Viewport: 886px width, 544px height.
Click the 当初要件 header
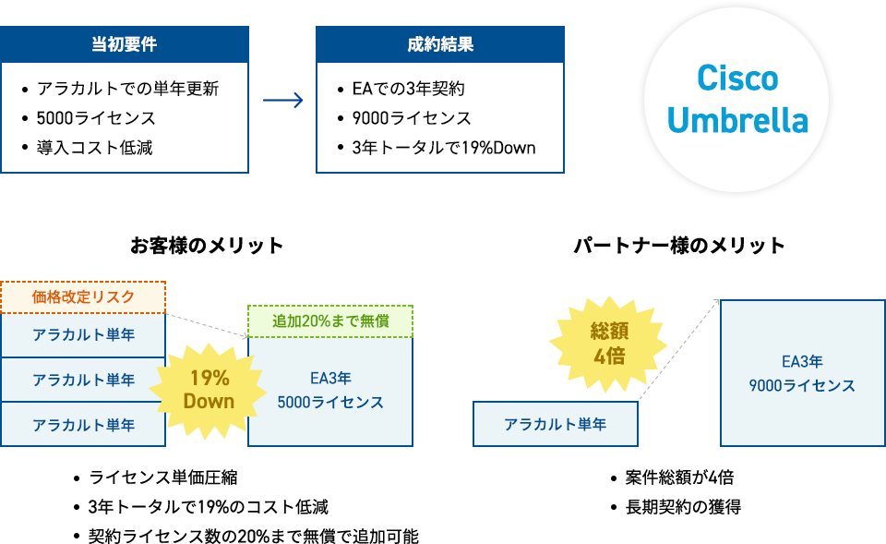(x=125, y=44)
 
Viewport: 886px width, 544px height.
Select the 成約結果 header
(x=440, y=44)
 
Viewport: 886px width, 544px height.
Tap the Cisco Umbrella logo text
(x=737, y=99)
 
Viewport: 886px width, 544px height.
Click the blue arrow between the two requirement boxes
(x=283, y=101)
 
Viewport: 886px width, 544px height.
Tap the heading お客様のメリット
(x=207, y=246)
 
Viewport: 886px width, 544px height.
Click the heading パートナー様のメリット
(x=679, y=246)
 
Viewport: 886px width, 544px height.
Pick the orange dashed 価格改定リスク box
(x=83, y=296)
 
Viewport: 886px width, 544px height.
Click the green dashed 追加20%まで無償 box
(x=330, y=321)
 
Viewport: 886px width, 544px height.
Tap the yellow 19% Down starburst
(x=209, y=390)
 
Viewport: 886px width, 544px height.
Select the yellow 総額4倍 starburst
(x=608, y=344)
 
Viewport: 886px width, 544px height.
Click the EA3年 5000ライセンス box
(x=330, y=392)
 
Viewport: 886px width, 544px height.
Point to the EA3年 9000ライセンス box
(x=802, y=373)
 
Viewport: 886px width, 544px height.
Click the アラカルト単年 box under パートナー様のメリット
(x=556, y=424)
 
